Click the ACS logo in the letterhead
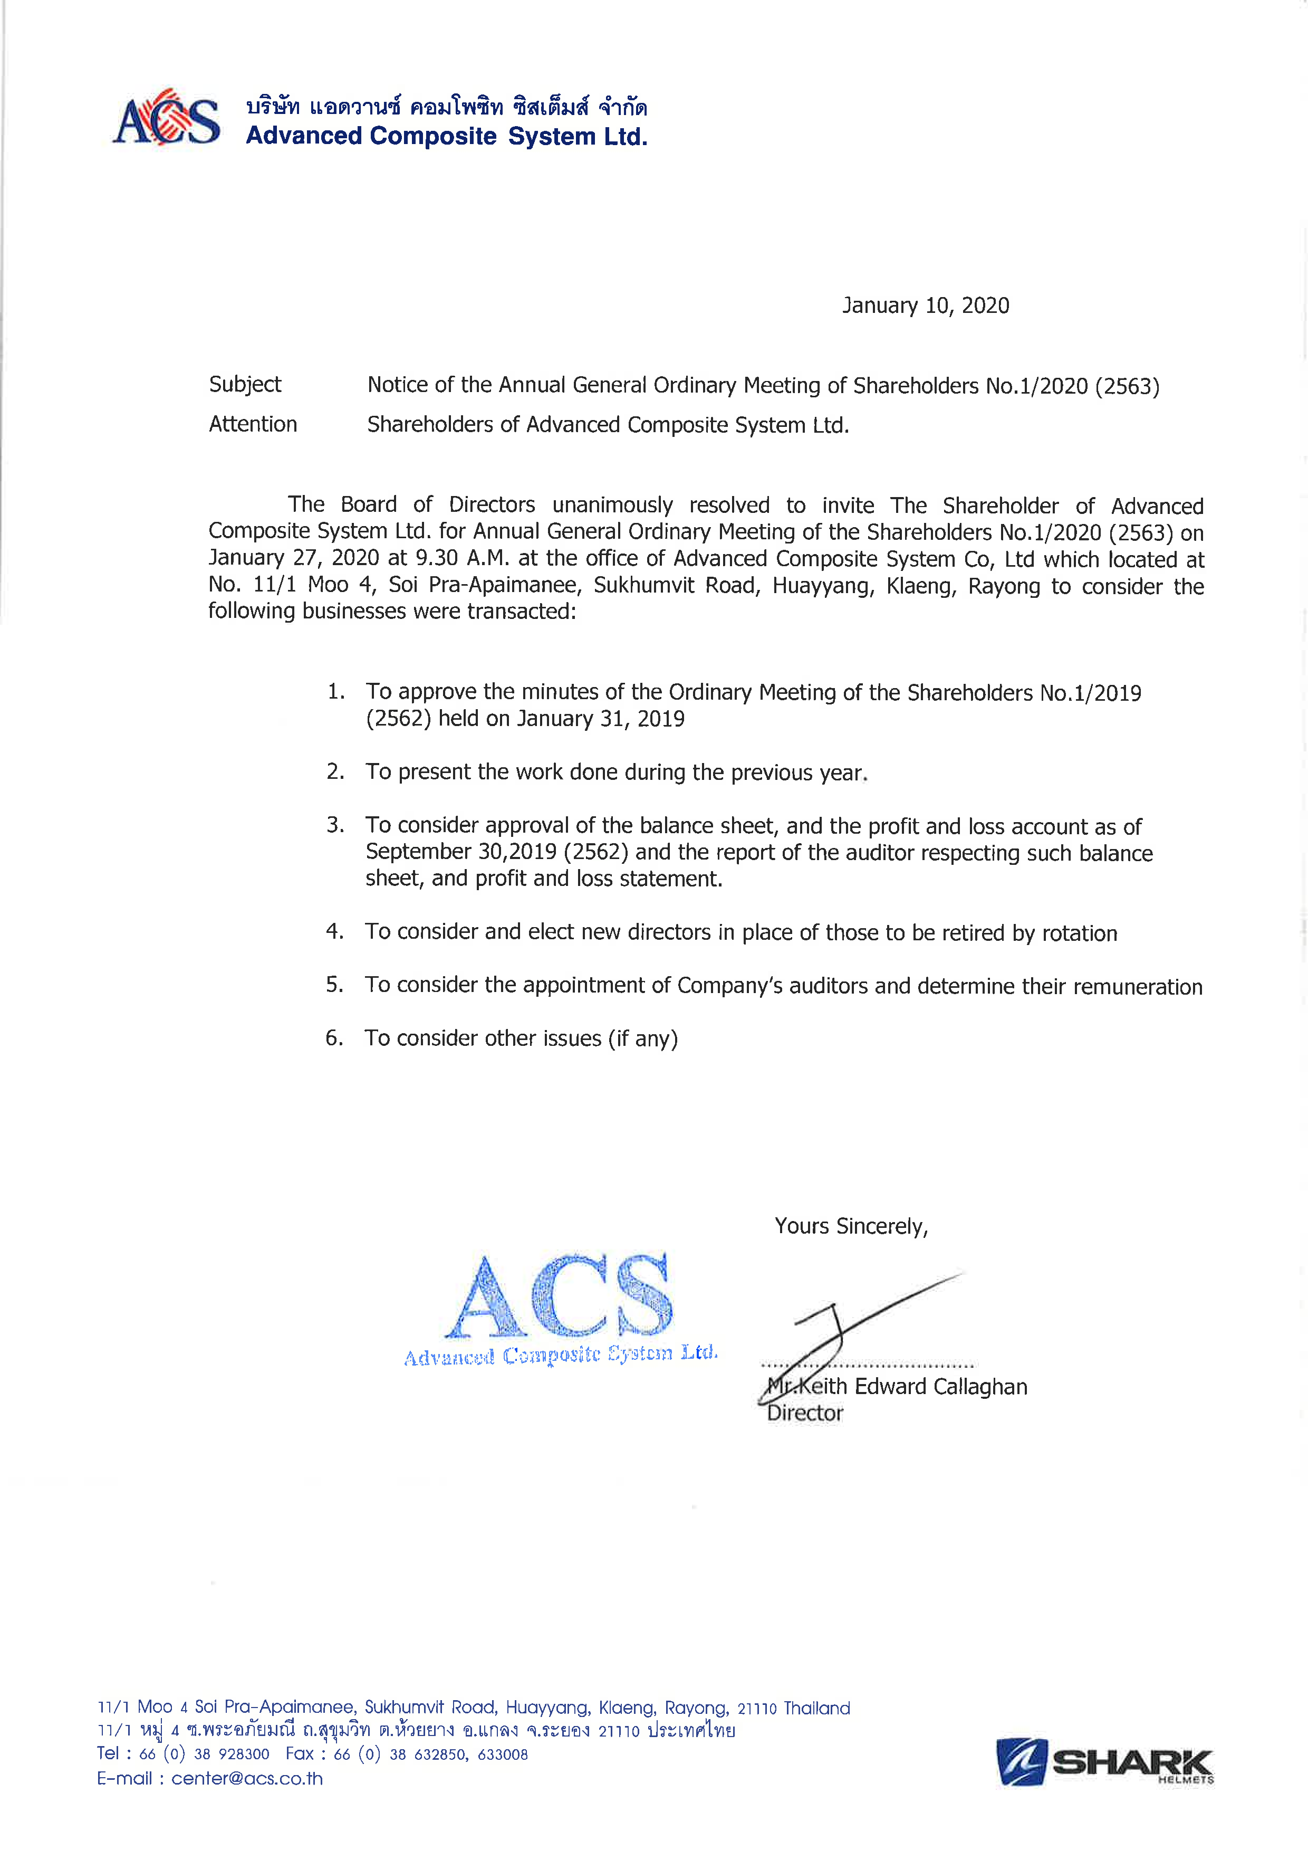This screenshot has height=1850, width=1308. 167,118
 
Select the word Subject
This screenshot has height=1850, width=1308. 245,384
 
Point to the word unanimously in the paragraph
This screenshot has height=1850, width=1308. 612,505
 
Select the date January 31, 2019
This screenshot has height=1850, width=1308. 600,719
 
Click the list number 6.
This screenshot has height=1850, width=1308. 334,1038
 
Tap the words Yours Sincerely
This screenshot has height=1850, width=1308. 851,1226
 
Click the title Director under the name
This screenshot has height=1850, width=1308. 805,1413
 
